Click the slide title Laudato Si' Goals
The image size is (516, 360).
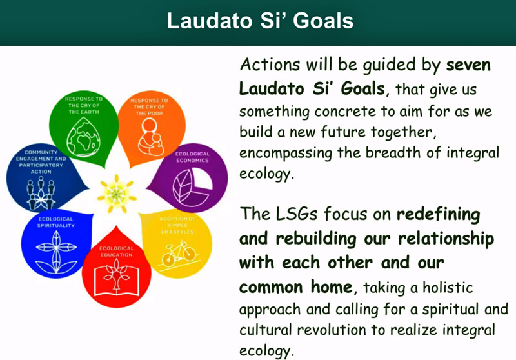(x=260, y=21)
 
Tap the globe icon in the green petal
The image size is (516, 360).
(x=84, y=137)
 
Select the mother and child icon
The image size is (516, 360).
(x=150, y=137)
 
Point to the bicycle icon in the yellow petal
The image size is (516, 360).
(x=179, y=254)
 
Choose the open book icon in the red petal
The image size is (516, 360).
(x=117, y=277)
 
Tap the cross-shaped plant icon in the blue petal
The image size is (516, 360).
(x=56, y=252)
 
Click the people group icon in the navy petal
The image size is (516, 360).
(x=41, y=193)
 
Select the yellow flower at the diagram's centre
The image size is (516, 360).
(x=117, y=194)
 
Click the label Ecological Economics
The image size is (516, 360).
(x=192, y=157)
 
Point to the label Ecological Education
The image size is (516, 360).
(x=117, y=252)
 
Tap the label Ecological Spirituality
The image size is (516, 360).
(x=56, y=222)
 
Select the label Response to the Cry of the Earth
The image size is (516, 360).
(x=84, y=105)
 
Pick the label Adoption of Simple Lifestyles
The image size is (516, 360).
(x=178, y=225)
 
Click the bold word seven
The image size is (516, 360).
(x=468, y=65)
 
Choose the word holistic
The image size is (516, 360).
(x=448, y=288)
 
